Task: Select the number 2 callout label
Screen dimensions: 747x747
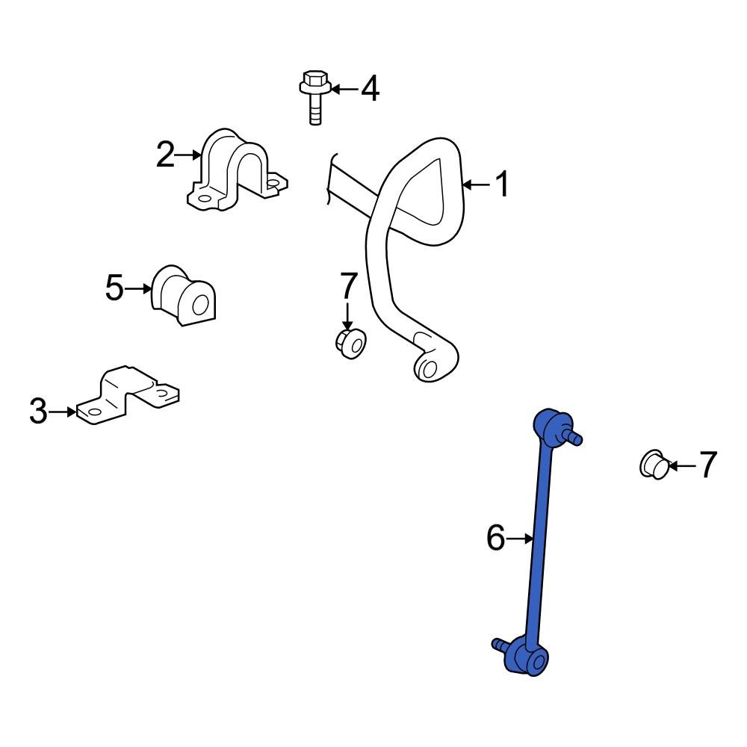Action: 165,155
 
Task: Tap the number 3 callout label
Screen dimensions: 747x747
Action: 39,411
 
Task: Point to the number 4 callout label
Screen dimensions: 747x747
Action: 370,90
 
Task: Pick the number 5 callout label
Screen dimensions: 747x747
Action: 114,288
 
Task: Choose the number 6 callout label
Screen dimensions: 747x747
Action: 496,538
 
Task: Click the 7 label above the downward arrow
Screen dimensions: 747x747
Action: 349,285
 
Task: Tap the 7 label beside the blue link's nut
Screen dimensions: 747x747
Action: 707,465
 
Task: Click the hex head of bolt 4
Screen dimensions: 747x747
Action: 314,81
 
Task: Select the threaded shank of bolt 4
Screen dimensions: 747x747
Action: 315,111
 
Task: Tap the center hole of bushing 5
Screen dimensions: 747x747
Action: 200,304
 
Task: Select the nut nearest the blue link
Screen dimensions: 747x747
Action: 654,465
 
